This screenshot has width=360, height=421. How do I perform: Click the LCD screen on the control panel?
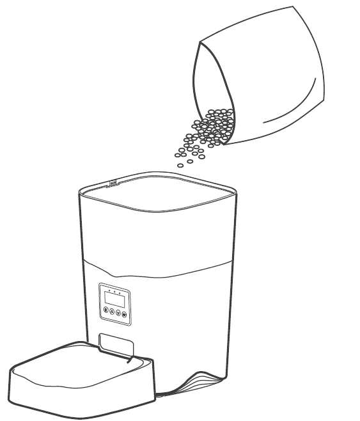tap(114, 299)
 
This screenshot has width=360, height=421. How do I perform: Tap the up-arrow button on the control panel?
tap(112, 312)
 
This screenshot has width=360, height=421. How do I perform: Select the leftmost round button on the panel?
tap(106, 310)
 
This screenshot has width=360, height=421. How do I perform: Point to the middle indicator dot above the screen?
tap(114, 292)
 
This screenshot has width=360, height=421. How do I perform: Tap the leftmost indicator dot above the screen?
tap(109, 290)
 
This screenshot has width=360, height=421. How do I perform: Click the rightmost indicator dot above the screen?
tap(120, 293)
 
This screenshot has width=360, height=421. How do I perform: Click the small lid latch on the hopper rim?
tap(113, 184)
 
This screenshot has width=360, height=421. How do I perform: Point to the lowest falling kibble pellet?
tap(181, 165)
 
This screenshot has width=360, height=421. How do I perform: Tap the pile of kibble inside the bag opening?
tap(214, 125)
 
